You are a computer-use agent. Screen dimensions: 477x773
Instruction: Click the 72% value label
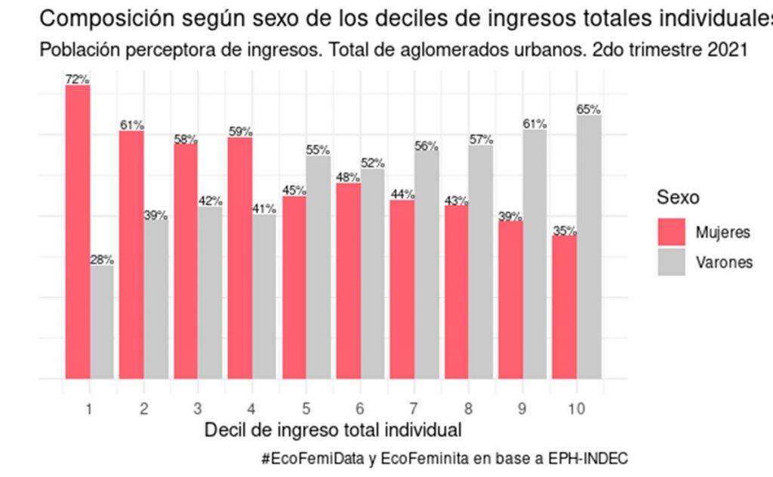coord(78,79)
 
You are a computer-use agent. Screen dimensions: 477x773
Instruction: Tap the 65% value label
coord(589,109)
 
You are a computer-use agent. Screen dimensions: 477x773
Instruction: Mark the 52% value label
coord(373,163)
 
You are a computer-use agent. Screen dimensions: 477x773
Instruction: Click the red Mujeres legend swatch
coord(671,232)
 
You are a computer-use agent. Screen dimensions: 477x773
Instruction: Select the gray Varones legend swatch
coord(671,263)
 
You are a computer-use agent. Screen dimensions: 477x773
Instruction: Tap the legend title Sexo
coord(678,198)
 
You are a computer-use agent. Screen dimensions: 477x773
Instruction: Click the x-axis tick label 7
coord(414,408)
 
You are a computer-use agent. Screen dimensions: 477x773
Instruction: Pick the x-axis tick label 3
coord(198,408)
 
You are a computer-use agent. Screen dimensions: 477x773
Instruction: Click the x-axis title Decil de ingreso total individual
coord(333,431)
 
